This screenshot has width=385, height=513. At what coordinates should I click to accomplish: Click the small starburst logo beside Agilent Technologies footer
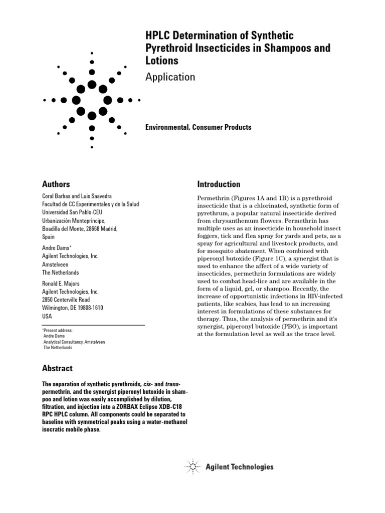click(x=193, y=467)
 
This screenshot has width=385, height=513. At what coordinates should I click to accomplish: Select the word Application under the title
click(x=170, y=77)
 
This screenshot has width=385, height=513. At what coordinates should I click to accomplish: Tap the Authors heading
click(x=56, y=184)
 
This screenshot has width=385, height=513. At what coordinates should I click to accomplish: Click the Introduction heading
click(x=219, y=184)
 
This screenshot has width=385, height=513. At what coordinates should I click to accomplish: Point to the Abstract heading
click(x=58, y=368)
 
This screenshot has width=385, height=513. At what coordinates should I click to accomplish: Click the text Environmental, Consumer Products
click(x=198, y=127)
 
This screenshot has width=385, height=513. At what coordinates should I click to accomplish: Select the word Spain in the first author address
click(x=49, y=237)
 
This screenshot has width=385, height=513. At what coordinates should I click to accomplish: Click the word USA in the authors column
click(x=48, y=317)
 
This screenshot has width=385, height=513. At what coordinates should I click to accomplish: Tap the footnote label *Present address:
click(x=58, y=331)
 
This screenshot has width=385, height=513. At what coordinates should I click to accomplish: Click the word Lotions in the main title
click(x=161, y=60)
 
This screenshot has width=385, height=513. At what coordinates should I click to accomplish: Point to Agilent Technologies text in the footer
click(x=240, y=467)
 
